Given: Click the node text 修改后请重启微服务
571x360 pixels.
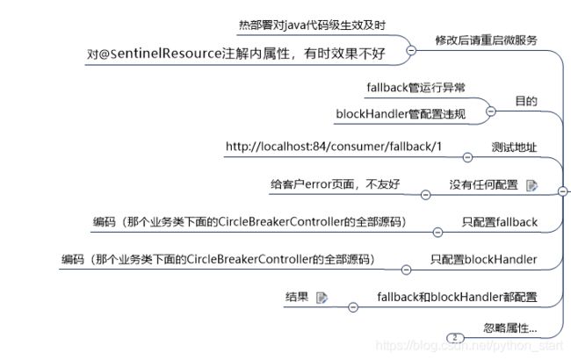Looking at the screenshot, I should click(487, 40).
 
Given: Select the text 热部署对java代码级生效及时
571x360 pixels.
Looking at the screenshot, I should click(300, 25).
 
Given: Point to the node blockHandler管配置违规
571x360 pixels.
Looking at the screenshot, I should click(401, 114).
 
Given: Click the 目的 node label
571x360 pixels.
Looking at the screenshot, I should click(526, 101).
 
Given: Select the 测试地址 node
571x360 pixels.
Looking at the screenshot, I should click(513, 146).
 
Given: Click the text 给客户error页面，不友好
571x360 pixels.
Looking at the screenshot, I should click(335, 184).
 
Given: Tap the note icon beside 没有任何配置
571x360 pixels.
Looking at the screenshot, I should click(531, 185).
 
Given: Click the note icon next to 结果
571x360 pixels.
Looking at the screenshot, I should click(322, 298).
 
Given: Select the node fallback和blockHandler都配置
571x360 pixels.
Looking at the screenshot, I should click(457, 297).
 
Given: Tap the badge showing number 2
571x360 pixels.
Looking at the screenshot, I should click(454, 337).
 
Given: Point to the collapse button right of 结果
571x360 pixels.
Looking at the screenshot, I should click(353, 307).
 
